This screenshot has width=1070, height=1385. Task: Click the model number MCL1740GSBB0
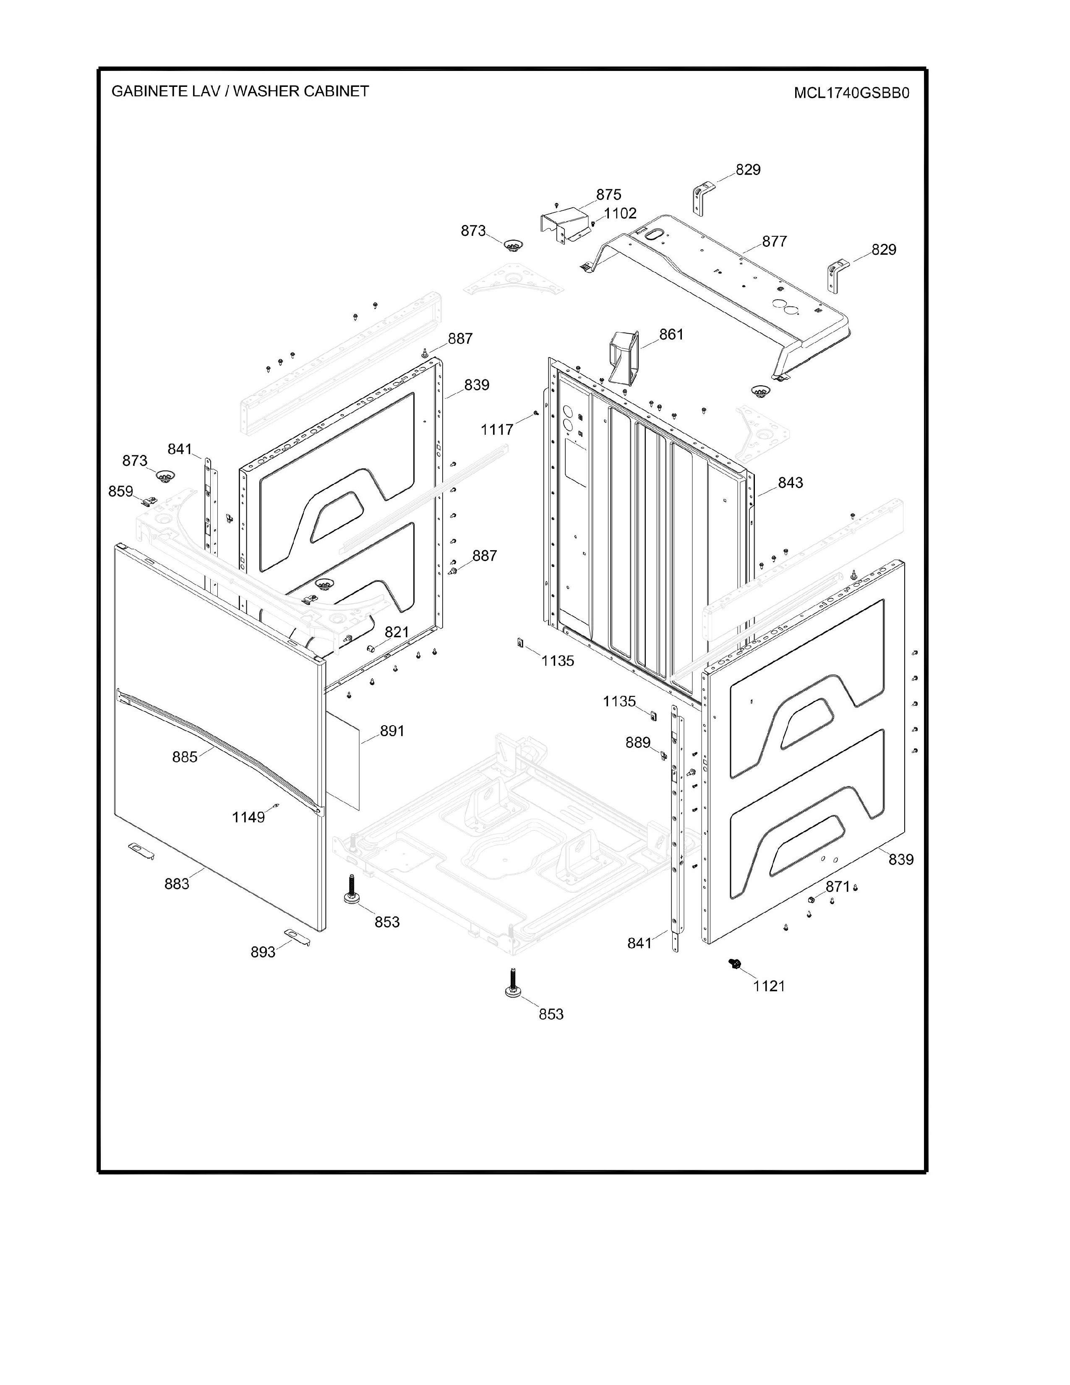(851, 93)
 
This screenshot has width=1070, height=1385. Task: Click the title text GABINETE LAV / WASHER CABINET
(240, 91)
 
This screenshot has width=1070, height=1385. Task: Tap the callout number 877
(775, 242)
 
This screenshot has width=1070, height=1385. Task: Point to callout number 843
(791, 483)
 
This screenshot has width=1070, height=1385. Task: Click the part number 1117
(497, 430)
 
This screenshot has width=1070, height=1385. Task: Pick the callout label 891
(392, 731)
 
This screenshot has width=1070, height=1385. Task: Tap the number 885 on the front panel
(185, 757)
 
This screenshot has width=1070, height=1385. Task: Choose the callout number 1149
(248, 818)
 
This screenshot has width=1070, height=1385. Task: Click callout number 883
(177, 883)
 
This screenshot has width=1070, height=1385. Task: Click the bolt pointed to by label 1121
(735, 964)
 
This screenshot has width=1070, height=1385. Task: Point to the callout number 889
(638, 742)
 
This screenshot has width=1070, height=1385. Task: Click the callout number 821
(397, 632)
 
